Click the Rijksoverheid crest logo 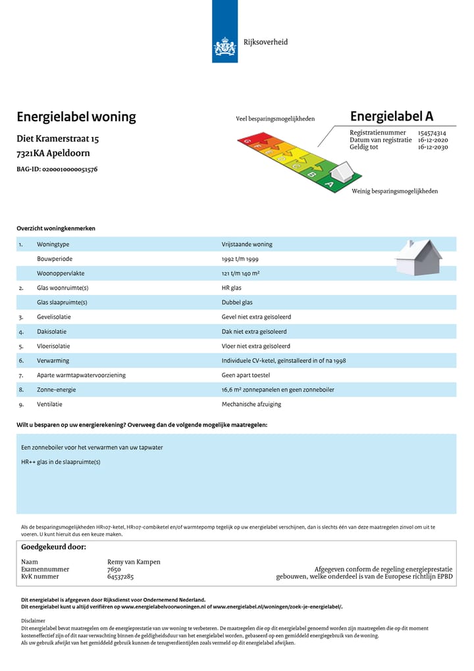224,47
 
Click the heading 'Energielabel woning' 76,117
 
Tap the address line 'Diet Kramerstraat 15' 58,140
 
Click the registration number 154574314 432,133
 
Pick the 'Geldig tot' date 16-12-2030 433,147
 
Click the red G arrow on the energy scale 248,140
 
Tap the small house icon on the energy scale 342,173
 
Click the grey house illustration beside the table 418,257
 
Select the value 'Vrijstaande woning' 247,244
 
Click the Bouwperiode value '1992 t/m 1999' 240,259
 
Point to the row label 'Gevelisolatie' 54,317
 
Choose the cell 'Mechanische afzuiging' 251,404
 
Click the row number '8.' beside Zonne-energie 21,390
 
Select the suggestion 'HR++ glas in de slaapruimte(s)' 61,462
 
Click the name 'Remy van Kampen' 134,562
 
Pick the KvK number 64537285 120,576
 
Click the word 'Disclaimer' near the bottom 34,620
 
